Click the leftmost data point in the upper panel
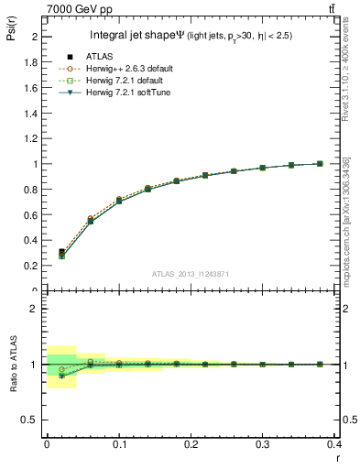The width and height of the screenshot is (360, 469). (61, 253)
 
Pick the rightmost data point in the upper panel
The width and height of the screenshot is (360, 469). (319, 164)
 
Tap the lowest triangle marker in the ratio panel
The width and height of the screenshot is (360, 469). (61, 376)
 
